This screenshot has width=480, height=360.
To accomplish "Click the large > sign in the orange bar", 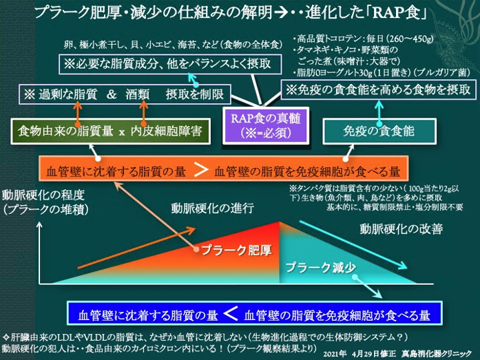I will [x=198, y=169].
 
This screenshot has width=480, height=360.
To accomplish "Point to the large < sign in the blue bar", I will [x=232, y=314].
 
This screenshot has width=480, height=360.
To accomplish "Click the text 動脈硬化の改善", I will [x=401, y=228].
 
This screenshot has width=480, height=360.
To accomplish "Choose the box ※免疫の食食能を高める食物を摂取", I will [x=379, y=89].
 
